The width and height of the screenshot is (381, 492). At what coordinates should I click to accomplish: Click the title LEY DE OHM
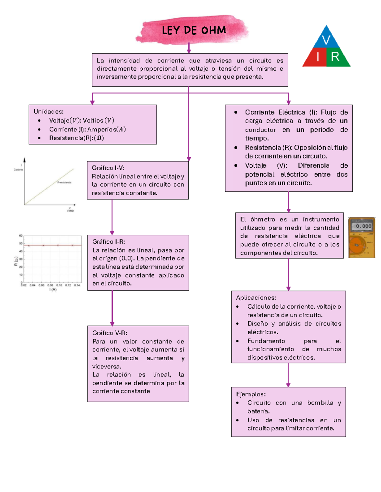[194, 30]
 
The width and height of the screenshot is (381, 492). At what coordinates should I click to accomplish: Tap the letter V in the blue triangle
[326, 40]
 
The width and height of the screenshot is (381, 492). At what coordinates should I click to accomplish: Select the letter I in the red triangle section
[318, 57]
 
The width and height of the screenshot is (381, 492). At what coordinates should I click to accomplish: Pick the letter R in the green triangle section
[335, 57]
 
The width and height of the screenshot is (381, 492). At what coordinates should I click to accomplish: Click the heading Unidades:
[49, 112]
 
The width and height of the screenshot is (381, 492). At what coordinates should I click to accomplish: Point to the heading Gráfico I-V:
[108, 168]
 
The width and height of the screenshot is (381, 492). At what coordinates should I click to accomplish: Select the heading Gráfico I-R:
[109, 242]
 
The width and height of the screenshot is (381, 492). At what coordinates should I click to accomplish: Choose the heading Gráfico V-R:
[110, 333]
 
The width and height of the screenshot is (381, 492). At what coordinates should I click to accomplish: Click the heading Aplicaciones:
[256, 298]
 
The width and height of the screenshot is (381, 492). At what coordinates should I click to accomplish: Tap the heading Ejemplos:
[251, 394]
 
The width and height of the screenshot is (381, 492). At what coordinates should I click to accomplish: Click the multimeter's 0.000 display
[363, 226]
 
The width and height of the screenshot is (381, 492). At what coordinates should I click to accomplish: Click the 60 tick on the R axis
[21, 236]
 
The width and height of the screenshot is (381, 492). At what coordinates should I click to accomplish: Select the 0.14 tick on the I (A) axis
[77, 285]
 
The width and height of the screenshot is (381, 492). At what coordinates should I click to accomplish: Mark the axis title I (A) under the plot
[53, 290]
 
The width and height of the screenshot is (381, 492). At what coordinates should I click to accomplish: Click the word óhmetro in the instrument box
[263, 220]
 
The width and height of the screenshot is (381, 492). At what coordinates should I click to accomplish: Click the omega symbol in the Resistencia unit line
[99, 138]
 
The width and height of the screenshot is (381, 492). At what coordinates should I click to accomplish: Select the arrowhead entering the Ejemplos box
[288, 385]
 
